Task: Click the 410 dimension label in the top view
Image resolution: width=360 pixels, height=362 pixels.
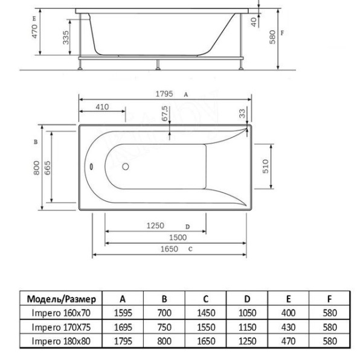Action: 101,107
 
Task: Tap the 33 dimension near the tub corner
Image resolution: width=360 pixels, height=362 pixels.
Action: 242,113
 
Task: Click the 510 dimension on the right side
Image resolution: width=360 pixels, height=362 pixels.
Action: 265,167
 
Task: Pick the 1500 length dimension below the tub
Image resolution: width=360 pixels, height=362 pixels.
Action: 177,238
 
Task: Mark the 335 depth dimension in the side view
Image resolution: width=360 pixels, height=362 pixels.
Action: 65,40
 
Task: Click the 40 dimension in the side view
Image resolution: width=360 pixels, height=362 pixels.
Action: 254,22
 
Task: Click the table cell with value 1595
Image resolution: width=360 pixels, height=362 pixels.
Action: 123,313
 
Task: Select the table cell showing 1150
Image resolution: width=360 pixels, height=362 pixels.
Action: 247,328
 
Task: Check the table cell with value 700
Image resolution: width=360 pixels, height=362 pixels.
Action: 164,313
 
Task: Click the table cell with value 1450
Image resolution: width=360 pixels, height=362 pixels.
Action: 206,313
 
